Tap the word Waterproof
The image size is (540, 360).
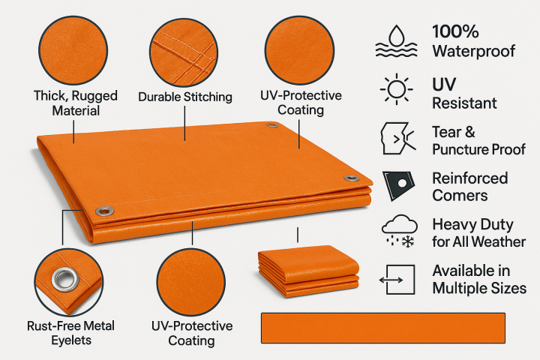pyautogui.click(x=473, y=51)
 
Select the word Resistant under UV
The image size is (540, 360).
pyautogui.click(x=464, y=103)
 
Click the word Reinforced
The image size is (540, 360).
pyautogui.click(x=469, y=178)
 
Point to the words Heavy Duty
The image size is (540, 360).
pyautogui.click(x=472, y=224)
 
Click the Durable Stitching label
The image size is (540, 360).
pyautogui.click(x=185, y=97)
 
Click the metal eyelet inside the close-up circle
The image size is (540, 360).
pyautogui.click(x=62, y=279)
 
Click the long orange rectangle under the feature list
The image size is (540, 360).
pyautogui.click(x=382, y=328)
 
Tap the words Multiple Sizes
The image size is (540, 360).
pyautogui.click(x=479, y=288)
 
